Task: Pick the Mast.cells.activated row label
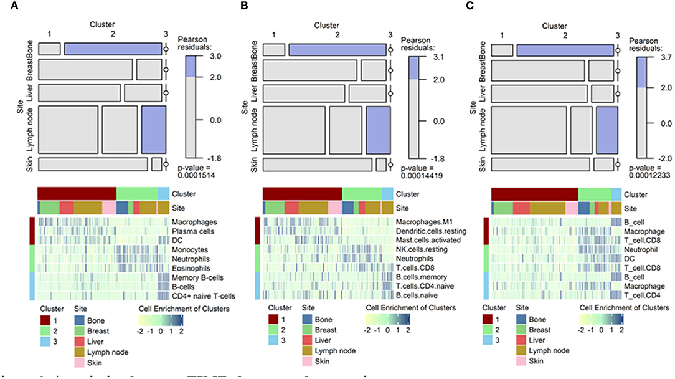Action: click(425, 240)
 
